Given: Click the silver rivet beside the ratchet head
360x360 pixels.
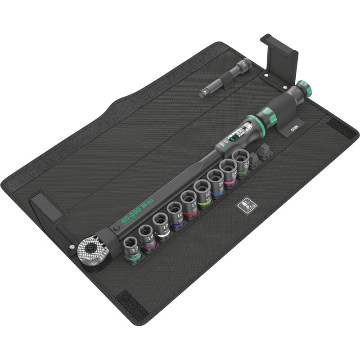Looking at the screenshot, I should tap(71, 247).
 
